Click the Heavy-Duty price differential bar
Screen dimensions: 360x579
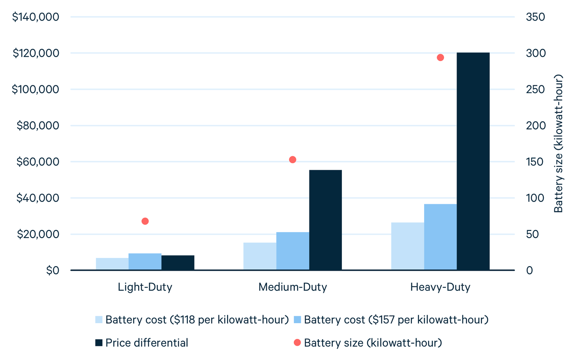(473, 161)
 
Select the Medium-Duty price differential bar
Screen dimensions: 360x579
(325, 220)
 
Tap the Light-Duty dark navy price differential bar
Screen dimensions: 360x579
(178, 263)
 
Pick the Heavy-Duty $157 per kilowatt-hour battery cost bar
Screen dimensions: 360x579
(440, 237)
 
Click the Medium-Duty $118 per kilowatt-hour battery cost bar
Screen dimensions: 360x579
(260, 256)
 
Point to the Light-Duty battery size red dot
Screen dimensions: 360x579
(145, 221)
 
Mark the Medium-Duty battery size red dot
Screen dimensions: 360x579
(293, 160)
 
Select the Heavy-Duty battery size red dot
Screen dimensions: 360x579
(440, 58)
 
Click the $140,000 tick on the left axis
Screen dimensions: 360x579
(36, 17)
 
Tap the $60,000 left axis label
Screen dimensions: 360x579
(38, 162)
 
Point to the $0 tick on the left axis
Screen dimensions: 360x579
(52, 270)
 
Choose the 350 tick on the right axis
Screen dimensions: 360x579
(535, 17)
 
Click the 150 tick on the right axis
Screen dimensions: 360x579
(535, 162)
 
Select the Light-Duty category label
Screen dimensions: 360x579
(145, 287)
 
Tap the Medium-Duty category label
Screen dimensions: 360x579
(293, 287)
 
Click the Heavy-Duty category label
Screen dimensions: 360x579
(440, 287)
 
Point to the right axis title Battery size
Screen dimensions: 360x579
(558, 144)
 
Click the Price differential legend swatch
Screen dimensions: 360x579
(99, 343)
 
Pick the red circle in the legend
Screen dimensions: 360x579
(297, 343)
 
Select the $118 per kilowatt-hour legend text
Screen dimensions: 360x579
(197, 320)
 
